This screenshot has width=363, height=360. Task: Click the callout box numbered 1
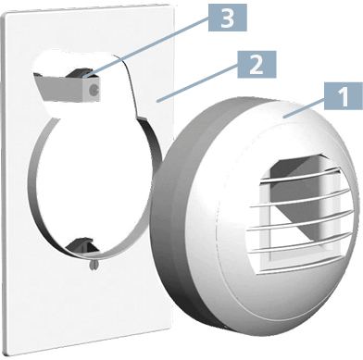[x=344, y=96]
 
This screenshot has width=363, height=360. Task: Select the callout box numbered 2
[x=257, y=65]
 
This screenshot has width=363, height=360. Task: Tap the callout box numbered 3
[x=228, y=18]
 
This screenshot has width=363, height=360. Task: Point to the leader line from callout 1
[x=304, y=106]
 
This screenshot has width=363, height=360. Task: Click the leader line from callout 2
[x=197, y=82]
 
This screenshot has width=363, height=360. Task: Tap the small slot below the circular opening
[x=94, y=265]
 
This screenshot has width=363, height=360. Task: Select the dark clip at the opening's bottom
[x=81, y=244]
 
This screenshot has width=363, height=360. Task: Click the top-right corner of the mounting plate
[x=173, y=5]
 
